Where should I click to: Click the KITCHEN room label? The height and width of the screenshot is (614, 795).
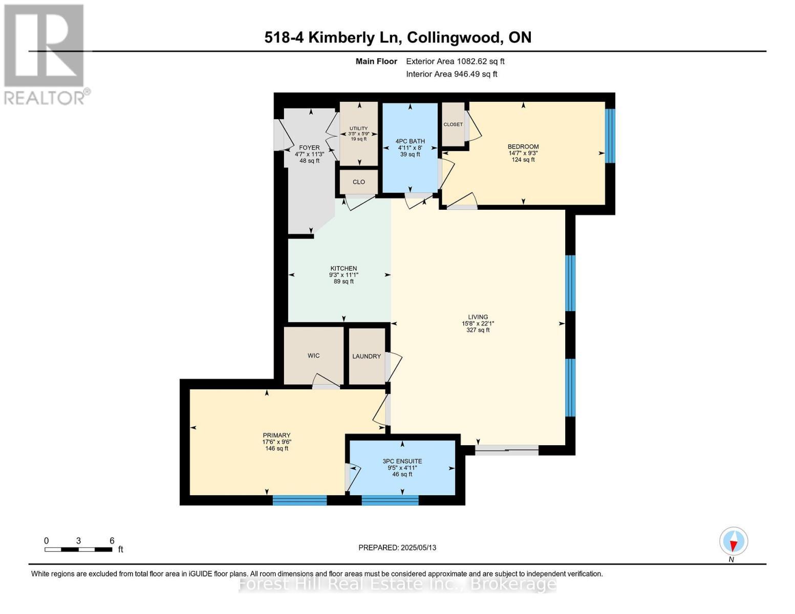(343, 268)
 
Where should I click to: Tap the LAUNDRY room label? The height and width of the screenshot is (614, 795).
(366, 356)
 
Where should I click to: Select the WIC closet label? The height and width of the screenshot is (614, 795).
(313, 356)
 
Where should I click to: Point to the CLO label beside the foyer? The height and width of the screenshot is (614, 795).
(358, 182)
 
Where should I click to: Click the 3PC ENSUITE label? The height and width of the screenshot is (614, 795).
(402, 461)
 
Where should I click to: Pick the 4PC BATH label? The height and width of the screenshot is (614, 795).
(410, 141)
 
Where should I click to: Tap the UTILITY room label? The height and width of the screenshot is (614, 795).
(358, 128)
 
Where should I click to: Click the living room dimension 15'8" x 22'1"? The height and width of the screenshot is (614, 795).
(478, 323)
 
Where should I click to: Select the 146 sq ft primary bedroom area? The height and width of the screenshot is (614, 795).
(276, 448)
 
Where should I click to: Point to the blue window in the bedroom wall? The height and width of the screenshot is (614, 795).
(610, 136)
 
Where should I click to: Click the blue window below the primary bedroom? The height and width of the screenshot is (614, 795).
(299, 500)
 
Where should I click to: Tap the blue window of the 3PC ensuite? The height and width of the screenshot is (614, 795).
(390, 500)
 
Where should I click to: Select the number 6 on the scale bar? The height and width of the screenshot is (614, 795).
(112, 540)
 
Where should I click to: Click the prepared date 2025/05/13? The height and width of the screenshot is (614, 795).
(419, 547)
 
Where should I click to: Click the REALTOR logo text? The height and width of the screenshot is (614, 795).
(45, 98)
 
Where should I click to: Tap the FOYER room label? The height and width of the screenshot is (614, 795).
(310, 148)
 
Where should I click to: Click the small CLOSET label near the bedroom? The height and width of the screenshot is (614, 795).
(453, 124)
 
